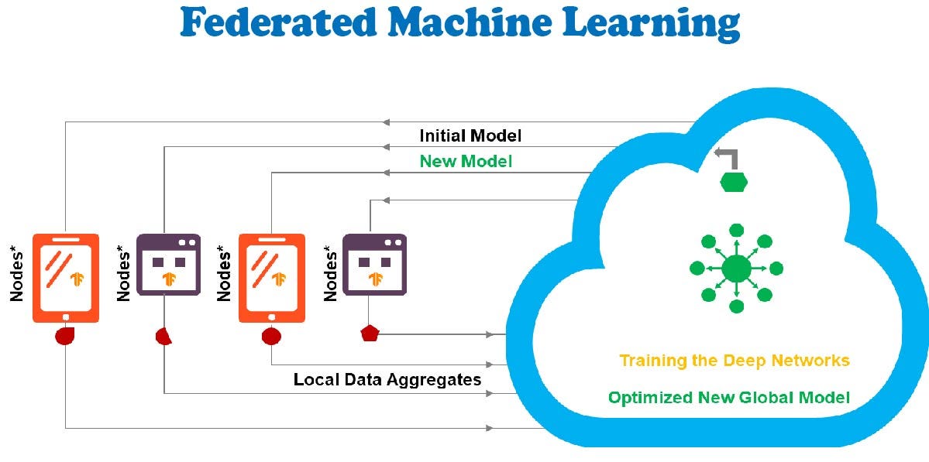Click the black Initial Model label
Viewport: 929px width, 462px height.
[470, 135]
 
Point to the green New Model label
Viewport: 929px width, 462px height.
[466, 161]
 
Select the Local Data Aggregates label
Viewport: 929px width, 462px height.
[387, 379]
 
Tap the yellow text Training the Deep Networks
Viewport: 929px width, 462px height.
[734, 361]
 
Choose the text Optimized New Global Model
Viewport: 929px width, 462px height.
[728, 398]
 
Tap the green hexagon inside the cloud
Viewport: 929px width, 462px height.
[734, 183]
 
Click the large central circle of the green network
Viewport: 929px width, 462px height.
[736, 269]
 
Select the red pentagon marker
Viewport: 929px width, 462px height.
[370, 334]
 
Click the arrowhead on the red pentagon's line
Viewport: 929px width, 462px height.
[490, 334]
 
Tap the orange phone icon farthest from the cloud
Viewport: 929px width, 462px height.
[65, 278]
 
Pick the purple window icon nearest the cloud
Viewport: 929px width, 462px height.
[374, 264]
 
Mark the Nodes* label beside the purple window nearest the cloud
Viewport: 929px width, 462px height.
[332, 272]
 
